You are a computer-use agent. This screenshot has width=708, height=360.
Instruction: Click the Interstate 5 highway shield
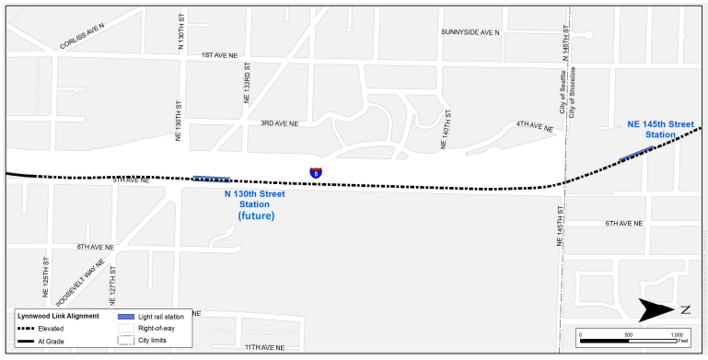(x=316, y=172)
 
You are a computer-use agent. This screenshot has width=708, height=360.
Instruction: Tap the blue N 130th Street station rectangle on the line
(x=212, y=179)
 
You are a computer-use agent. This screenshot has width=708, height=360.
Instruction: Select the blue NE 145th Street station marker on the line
(x=636, y=154)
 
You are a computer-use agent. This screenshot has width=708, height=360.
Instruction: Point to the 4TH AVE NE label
(x=534, y=126)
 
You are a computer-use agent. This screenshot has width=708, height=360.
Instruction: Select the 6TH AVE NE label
(x=623, y=224)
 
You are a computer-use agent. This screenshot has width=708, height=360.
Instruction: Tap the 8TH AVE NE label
(x=95, y=247)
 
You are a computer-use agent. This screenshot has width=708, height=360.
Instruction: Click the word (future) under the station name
(x=255, y=215)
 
